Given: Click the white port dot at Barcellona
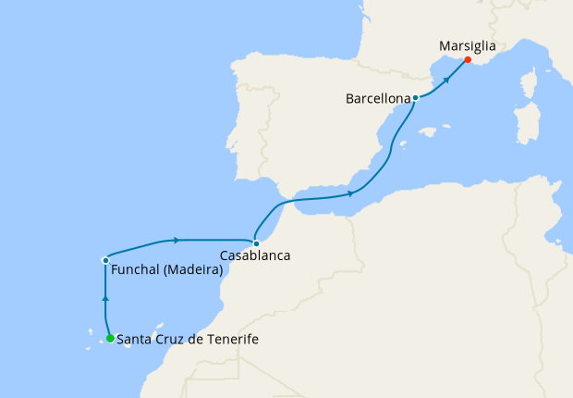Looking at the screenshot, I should [x=416, y=97].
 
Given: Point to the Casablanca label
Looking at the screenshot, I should [x=255, y=255].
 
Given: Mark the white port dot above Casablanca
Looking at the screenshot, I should [x=256, y=243].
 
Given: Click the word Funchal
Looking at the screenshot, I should [x=135, y=271].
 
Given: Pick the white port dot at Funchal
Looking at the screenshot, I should [x=106, y=260].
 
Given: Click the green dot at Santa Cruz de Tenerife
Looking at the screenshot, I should [x=110, y=339].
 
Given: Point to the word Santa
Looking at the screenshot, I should [x=134, y=340].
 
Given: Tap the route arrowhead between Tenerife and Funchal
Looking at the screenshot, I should [x=106, y=300].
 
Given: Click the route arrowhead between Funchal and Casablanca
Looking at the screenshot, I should [x=176, y=241].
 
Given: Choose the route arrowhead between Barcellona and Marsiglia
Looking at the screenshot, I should [x=446, y=79].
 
